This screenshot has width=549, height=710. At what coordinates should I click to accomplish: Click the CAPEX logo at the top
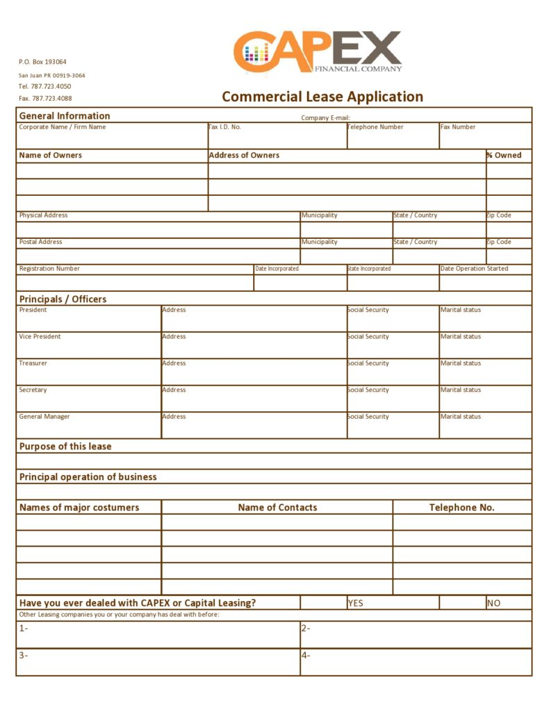[317, 51]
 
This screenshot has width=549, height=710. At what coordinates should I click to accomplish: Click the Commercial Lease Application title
[322, 97]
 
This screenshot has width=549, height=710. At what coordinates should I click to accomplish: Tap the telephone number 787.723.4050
[44, 86]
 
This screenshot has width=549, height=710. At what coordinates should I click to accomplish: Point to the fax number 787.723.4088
[44, 99]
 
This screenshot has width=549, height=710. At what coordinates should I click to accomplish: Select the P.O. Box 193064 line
[42, 62]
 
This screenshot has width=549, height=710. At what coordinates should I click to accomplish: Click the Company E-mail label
[325, 118]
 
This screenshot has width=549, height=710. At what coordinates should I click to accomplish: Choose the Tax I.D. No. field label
[225, 127]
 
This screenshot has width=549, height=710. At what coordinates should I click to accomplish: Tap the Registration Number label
[49, 269]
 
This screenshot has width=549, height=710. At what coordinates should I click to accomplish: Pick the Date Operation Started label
[474, 269]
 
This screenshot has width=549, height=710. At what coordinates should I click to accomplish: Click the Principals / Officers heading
[63, 299]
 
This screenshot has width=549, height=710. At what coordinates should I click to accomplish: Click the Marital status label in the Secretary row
[461, 390]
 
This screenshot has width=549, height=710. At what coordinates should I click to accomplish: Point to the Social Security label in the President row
[368, 310]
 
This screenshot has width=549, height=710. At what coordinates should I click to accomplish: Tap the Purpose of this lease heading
[65, 447]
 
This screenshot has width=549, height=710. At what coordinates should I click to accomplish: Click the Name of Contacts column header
[277, 508]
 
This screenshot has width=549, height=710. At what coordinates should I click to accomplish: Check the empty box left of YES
[323, 602]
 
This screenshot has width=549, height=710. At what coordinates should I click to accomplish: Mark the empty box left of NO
[462, 602]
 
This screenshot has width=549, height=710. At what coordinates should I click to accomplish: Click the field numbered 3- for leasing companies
[158, 662]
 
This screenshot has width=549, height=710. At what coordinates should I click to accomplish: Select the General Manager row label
[44, 417]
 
